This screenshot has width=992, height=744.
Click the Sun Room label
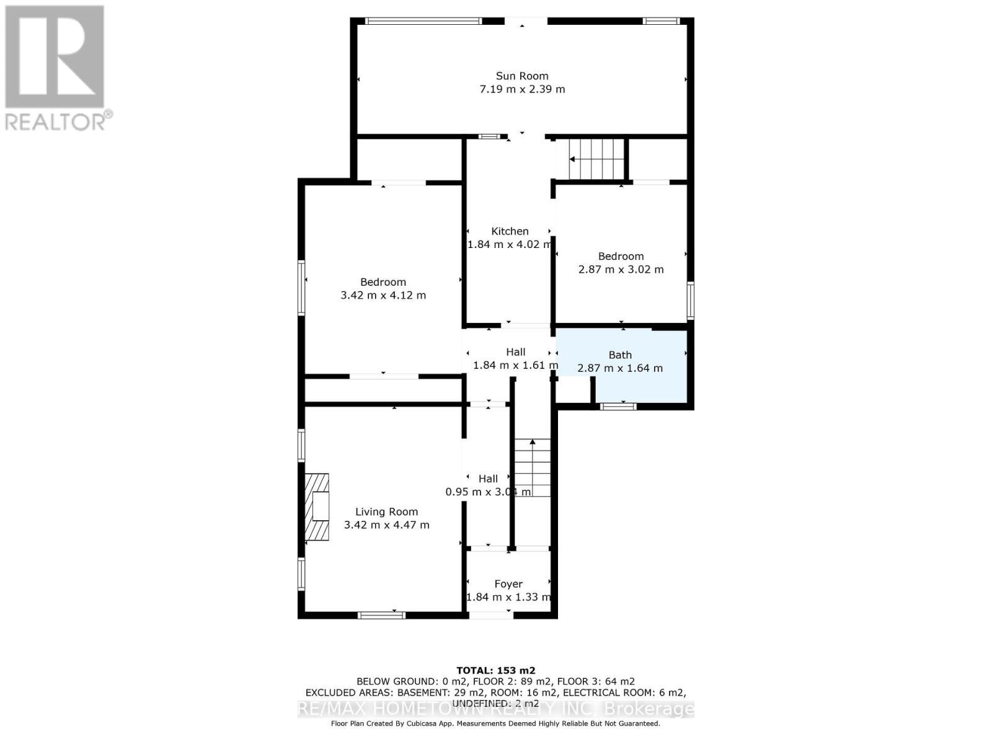pyautogui.click(x=522, y=76)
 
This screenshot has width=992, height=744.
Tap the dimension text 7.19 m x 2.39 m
pyautogui.click(x=522, y=89)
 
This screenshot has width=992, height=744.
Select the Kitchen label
pyautogui.click(x=510, y=231)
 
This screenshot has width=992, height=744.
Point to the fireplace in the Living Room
pyautogui.click(x=317, y=506)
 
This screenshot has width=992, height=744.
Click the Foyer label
pyautogui.click(x=508, y=584)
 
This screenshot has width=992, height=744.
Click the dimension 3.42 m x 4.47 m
pyautogui.click(x=386, y=525)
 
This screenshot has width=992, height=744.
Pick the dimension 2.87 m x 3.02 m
pyautogui.click(x=621, y=270)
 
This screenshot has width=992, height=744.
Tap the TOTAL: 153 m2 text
pyautogui.click(x=495, y=670)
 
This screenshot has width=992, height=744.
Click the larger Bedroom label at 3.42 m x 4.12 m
pyautogui.click(x=383, y=282)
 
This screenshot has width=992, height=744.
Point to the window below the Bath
pyautogui.click(x=618, y=406)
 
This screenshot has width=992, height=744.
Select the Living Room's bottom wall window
pyautogui.click(x=381, y=615)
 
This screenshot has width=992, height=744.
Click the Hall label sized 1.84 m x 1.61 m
pyautogui.click(x=515, y=352)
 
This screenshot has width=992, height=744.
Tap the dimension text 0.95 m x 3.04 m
pyautogui.click(x=488, y=492)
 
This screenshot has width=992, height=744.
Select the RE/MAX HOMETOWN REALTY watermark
pyautogui.click(x=495, y=709)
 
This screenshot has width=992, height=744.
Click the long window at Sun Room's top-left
pyautogui.click(x=423, y=21)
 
